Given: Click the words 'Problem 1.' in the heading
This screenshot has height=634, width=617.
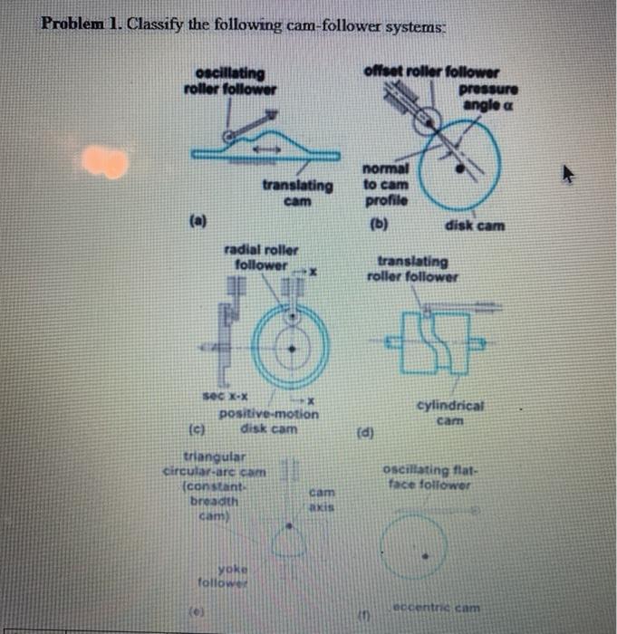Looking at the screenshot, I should click(x=81, y=24).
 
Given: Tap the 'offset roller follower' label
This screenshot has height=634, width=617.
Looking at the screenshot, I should click(x=430, y=72).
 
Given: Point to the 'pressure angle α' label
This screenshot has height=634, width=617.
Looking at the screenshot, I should click(x=487, y=98).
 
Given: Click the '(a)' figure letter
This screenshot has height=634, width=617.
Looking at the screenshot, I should click(x=198, y=219).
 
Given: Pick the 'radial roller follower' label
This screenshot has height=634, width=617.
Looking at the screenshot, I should click(x=260, y=258).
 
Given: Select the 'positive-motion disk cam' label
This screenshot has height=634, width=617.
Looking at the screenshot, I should click(x=268, y=420).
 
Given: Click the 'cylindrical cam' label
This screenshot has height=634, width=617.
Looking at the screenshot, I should click(x=449, y=414).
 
